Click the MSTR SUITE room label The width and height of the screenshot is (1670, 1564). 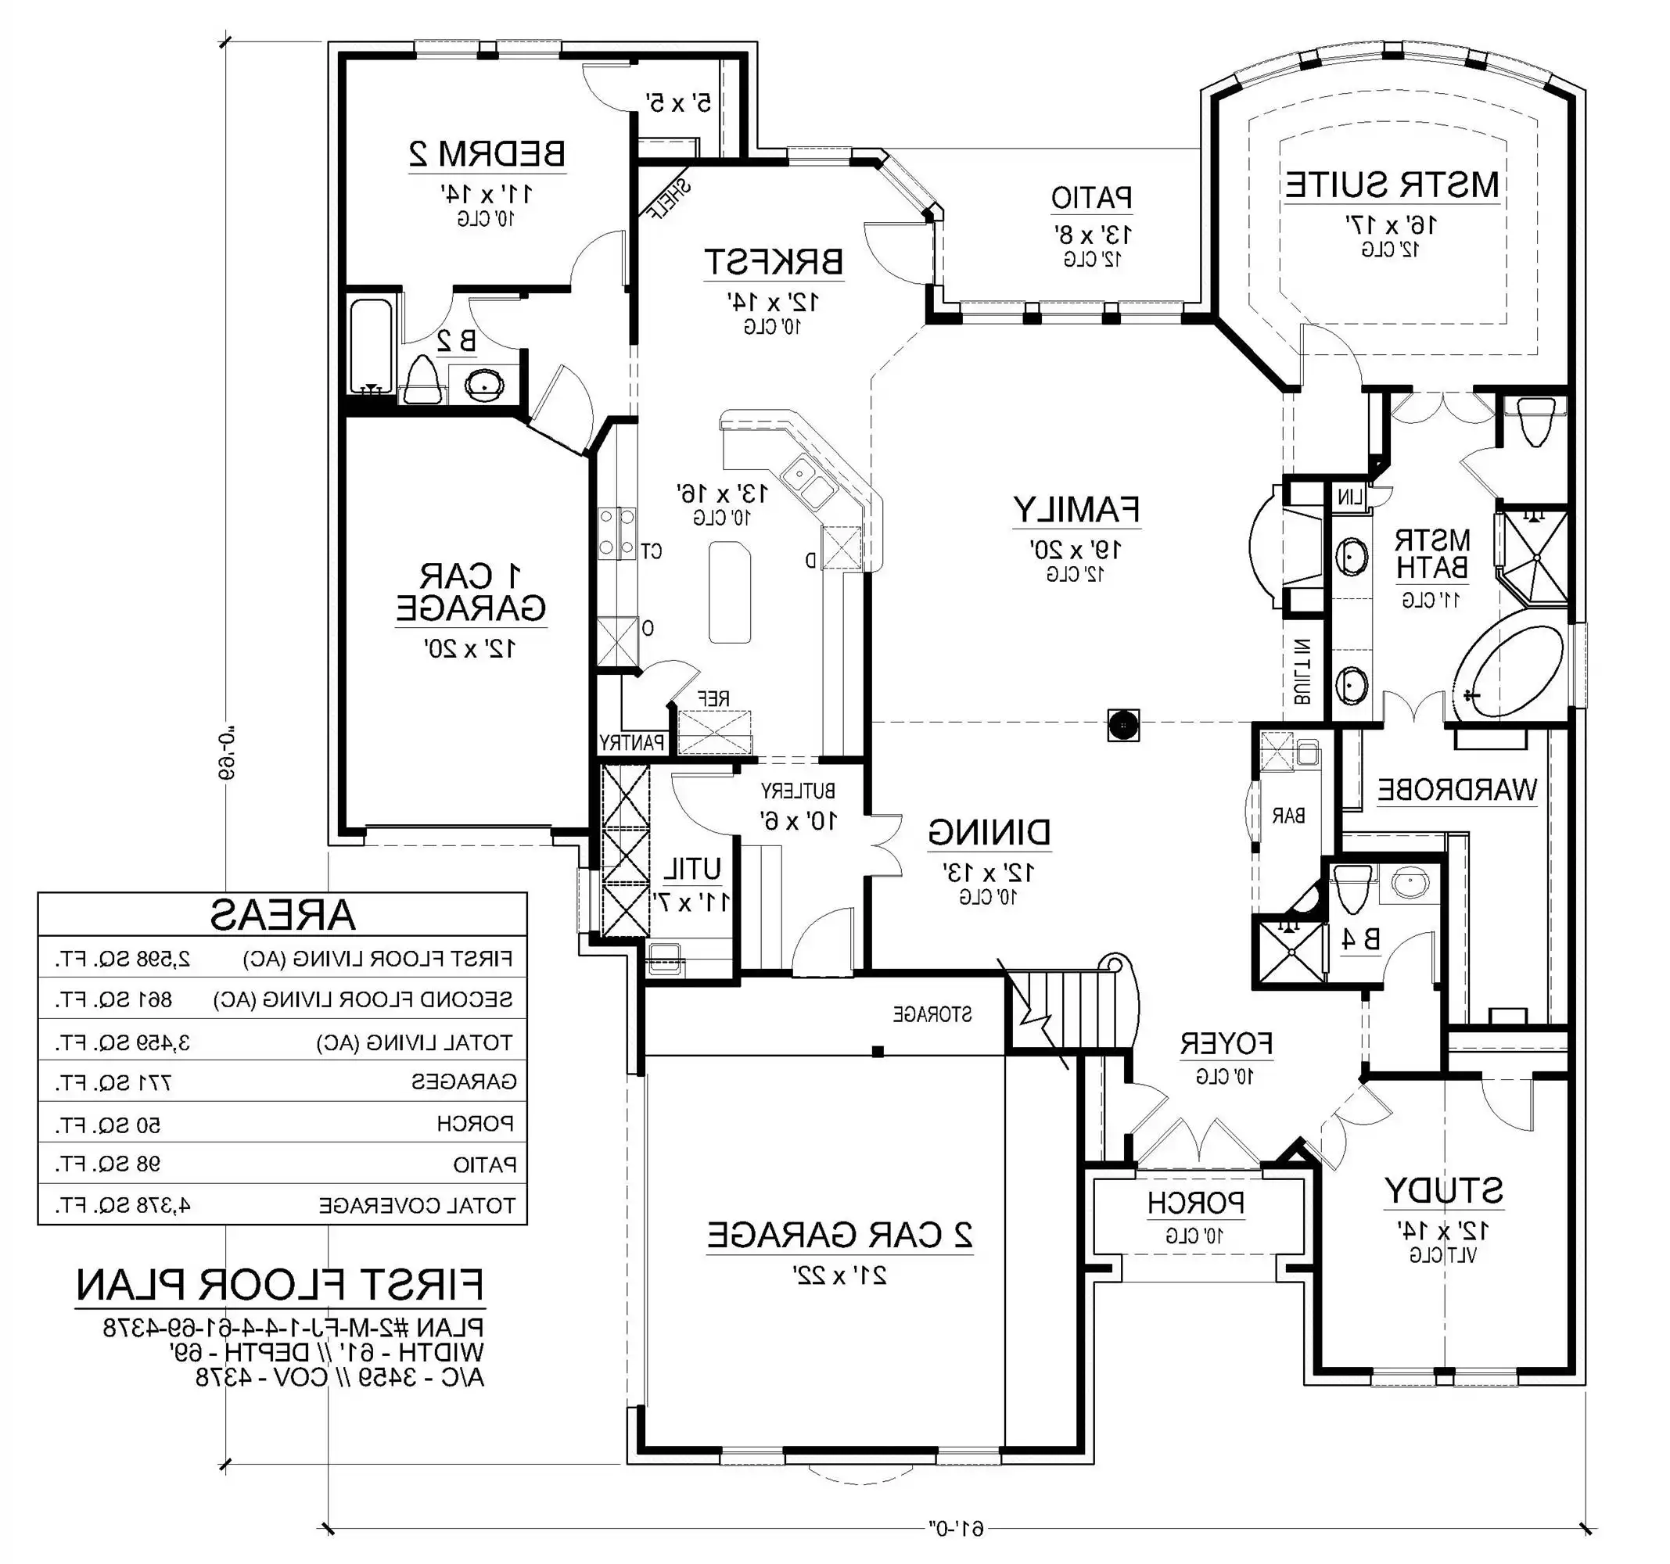coord(1392,184)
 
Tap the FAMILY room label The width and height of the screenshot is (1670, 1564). coord(1076,510)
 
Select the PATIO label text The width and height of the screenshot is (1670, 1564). coord(1091,198)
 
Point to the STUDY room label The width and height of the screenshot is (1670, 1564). coord(1443,1190)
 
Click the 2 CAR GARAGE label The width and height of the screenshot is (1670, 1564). coord(839,1235)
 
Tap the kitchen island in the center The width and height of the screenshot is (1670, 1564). coord(729,592)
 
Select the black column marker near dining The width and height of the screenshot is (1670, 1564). coord(1123,724)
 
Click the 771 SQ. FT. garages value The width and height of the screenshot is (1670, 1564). coord(114,1082)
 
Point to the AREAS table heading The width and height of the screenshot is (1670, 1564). coord(282,915)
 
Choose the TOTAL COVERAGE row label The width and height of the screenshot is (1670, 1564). coord(417,1206)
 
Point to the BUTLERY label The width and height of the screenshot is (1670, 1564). coord(798,791)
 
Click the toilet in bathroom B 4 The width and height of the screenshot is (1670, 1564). coord(1352,888)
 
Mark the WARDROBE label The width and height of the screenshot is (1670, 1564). coord(1456,790)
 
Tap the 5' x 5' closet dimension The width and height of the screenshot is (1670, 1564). coord(678,103)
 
